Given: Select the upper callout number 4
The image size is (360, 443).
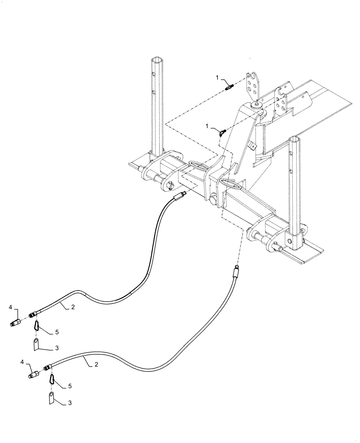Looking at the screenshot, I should (11, 306).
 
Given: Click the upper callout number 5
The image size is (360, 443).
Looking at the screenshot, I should (57, 331).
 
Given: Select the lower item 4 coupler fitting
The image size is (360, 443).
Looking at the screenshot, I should (34, 376).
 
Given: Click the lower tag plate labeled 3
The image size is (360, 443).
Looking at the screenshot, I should (52, 396).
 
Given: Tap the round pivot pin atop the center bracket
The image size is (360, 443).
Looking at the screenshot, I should (256, 105).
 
